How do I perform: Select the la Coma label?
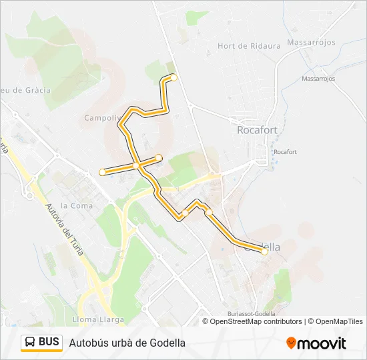point(77,205)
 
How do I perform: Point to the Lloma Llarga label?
point(101,319)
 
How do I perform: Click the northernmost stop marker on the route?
point(174,78)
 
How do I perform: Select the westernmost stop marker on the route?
point(102,172)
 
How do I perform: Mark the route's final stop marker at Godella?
point(264,251)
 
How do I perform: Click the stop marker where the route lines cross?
point(135,165)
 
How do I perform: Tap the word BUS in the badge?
point(49,342)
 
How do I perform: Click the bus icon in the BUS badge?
point(30,343)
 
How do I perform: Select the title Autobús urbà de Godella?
point(127,343)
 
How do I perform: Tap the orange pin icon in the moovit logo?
point(291,343)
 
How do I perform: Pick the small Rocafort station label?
point(285,152)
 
